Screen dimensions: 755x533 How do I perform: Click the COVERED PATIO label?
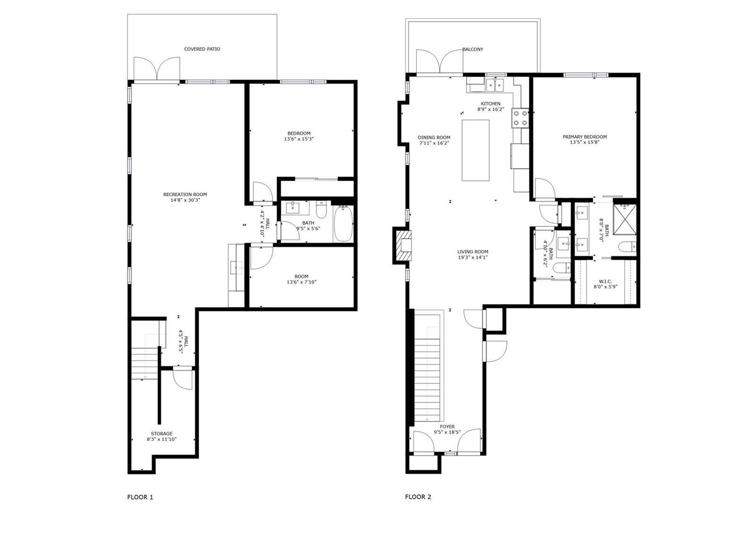[x=202, y=49]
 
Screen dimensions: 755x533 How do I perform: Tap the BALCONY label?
[x=472, y=49]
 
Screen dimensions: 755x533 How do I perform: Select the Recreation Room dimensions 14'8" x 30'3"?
[x=185, y=200]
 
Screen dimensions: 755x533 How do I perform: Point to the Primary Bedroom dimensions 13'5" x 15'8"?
[x=585, y=142]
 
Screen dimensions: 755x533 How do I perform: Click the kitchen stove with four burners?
[x=520, y=118]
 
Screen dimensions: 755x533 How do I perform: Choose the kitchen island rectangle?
[x=475, y=150]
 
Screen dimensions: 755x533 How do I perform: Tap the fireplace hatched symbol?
[x=403, y=245]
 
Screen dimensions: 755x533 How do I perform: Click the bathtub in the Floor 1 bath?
[x=344, y=224]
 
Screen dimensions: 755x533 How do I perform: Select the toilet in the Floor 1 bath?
[x=321, y=209]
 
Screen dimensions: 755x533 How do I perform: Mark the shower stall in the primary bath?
[x=625, y=219]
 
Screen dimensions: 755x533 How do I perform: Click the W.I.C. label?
[x=605, y=281]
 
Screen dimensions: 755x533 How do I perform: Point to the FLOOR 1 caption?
[x=140, y=497]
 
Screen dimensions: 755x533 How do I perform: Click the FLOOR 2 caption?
[x=418, y=497]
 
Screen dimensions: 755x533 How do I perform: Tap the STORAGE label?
[x=161, y=433]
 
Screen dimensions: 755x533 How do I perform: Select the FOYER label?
[x=447, y=426]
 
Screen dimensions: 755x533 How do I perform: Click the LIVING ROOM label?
[x=472, y=252]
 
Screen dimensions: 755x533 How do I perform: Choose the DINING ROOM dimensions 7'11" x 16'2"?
[x=434, y=143]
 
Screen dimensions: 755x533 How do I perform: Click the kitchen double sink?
[x=495, y=84]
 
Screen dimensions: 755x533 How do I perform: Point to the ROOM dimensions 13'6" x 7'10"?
[x=302, y=282]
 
